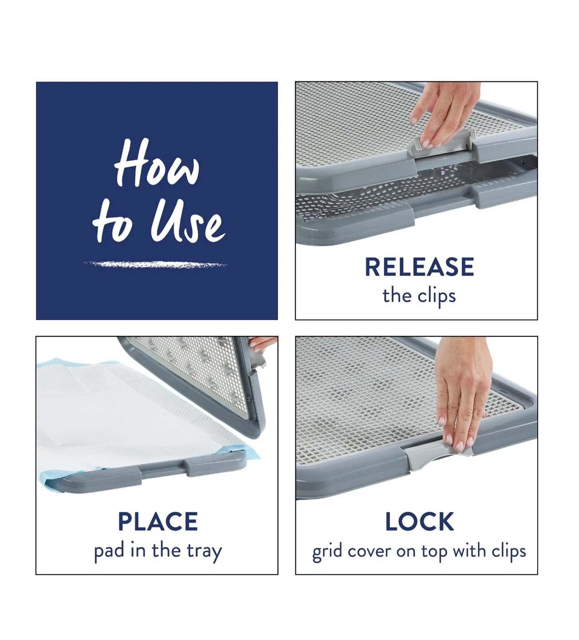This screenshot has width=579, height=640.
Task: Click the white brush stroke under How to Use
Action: point(155,264)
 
